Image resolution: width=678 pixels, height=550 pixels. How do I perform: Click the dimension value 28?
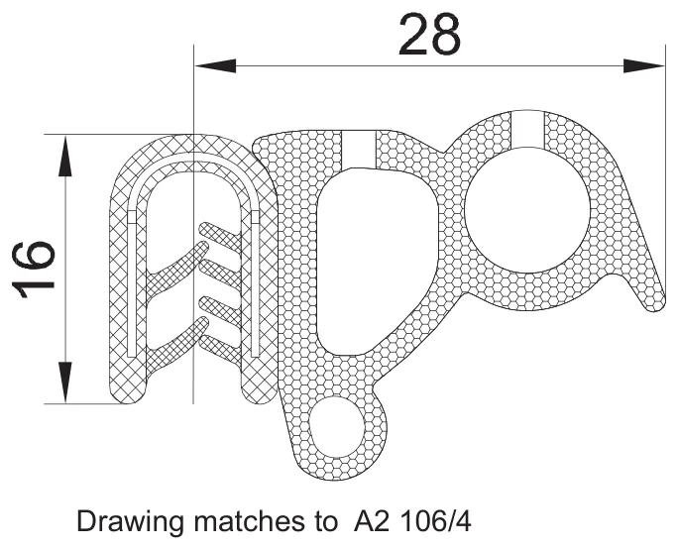tap(429, 35)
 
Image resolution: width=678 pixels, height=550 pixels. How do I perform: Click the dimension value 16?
tap(34, 270)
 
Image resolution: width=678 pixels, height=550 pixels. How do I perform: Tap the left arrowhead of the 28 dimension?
tap(215, 65)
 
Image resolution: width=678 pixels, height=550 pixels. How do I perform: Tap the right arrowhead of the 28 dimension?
tap(644, 65)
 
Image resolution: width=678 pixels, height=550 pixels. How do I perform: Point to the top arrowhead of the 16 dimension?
tap(64, 156)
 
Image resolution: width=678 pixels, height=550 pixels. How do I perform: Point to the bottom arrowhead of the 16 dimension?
tap(64, 383)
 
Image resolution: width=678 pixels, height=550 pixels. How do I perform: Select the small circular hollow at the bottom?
tap(337, 427)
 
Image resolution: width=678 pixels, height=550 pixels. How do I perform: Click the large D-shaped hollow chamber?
tap(377, 262)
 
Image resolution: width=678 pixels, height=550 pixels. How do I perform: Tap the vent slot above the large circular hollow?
tap(527, 129)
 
